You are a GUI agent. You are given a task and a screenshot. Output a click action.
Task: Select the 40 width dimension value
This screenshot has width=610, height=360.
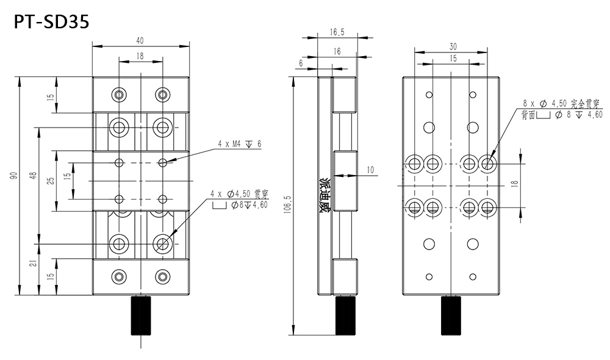[140, 40]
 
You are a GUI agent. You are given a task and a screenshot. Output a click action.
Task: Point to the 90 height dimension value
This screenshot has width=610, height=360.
[13, 176]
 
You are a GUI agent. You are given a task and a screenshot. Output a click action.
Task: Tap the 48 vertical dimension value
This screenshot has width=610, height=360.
[33, 176]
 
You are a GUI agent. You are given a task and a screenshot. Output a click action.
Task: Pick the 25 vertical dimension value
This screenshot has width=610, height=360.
[51, 181]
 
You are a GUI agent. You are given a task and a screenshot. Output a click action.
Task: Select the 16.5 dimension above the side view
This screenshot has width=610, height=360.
[337, 32]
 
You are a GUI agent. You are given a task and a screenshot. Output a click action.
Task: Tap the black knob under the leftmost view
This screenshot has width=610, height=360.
[141, 315]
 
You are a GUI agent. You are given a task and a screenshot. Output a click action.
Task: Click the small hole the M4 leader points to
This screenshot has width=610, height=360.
[162, 162]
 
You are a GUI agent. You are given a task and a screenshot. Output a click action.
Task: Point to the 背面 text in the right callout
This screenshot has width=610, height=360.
[528, 115]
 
